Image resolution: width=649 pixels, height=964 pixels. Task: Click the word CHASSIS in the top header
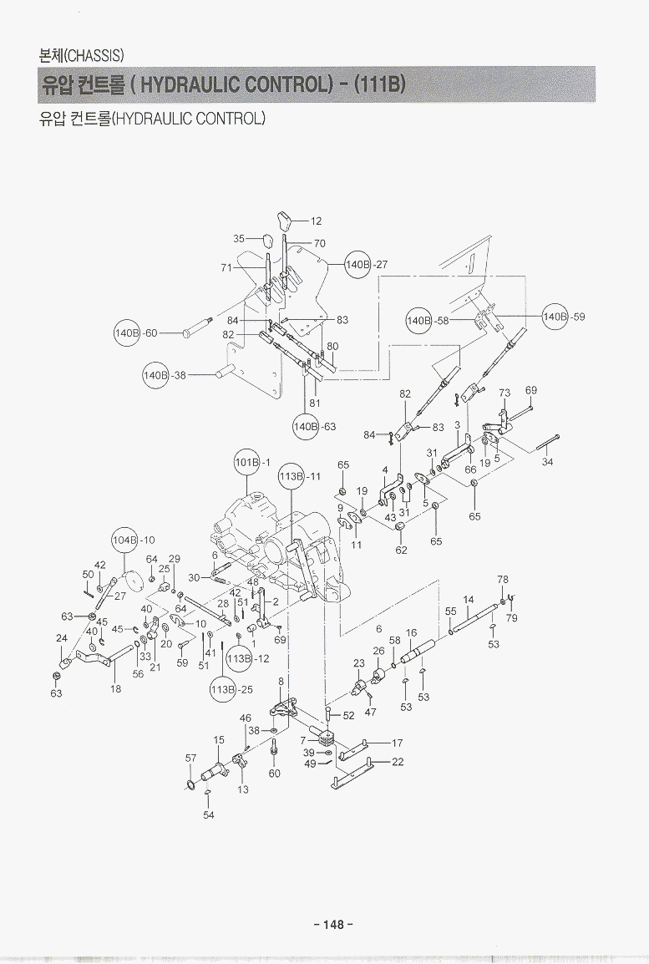(x=94, y=56)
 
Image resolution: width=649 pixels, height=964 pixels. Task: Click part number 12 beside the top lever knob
(x=316, y=221)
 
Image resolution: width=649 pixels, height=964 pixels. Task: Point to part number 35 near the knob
(x=239, y=239)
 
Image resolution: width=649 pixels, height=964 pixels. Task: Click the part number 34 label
(x=547, y=462)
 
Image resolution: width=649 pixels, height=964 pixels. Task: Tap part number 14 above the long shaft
(x=469, y=600)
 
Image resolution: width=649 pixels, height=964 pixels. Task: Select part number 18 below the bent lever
(x=116, y=689)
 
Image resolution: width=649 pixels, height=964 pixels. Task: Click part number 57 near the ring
(x=190, y=758)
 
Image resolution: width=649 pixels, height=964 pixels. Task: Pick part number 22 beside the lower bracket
(x=398, y=761)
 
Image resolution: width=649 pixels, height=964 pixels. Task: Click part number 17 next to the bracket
(x=398, y=742)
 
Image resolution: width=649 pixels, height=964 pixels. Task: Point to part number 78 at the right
(x=502, y=579)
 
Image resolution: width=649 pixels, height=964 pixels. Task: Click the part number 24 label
(x=61, y=638)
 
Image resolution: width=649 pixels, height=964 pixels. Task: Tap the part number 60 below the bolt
(x=275, y=773)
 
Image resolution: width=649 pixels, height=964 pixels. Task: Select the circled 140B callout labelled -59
(x=555, y=317)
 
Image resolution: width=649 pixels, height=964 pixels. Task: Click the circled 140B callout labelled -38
(x=155, y=376)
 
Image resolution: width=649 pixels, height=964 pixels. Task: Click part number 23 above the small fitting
(x=359, y=663)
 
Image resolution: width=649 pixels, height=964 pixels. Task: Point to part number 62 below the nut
(x=401, y=550)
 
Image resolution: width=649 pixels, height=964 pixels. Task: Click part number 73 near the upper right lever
(x=504, y=393)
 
